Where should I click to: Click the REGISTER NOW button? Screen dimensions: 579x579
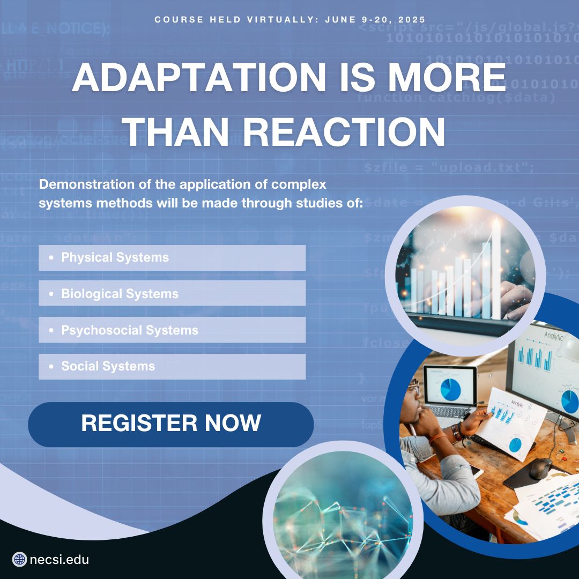click(170, 424)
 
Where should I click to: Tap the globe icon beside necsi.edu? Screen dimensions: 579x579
click(19, 560)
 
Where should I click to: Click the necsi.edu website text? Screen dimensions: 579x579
click(60, 560)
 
